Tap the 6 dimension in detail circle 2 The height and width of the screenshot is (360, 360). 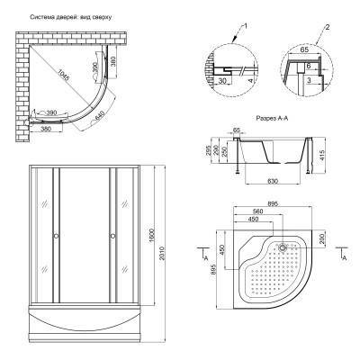click(x=309, y=66)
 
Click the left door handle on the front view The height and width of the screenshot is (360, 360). click(x=56, y=236)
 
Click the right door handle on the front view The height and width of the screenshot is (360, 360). click(x=112, y=236)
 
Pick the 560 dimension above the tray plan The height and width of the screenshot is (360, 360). click(x=258, y=212)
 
